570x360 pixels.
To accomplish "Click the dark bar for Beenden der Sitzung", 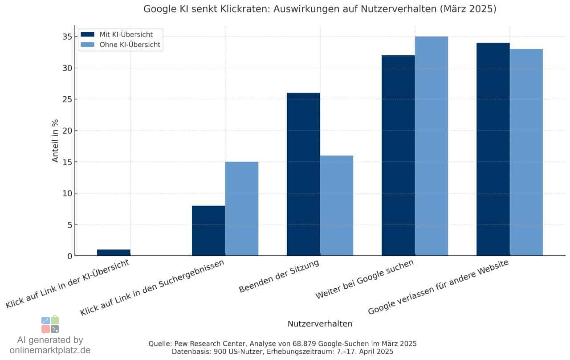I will (x=303, y=174).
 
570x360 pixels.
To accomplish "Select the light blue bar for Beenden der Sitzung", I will (x=337, y=205).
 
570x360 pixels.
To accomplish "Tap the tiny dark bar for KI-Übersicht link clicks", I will (x=114, y=253).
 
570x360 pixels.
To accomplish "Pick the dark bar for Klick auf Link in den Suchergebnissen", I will (x=208, y=231).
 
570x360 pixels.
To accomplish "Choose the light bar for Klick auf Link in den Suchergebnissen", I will (x=242, y=209).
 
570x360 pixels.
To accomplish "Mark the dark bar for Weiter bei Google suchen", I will (x=398, y=155).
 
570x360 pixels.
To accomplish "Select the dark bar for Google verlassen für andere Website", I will (x=493, y=149).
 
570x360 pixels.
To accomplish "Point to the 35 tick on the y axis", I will (x=67, y=37).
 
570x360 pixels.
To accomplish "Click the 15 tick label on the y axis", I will (x=67, y=162).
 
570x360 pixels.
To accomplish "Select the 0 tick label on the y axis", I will (x=69, y=256).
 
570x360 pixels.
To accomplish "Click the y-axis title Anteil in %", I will (x=55, y=141).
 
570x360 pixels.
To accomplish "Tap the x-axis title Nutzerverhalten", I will (x=320, y=324).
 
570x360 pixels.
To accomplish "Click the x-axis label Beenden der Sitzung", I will (x=279, y=276).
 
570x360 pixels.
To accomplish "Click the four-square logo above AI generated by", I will (x=50, y=325).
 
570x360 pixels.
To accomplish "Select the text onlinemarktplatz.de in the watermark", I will (x=50, y=350).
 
